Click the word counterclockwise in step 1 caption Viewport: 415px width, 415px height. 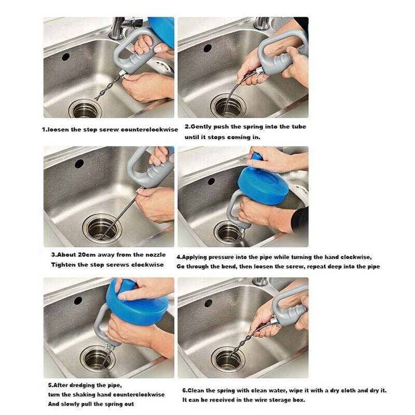tap(149, 130)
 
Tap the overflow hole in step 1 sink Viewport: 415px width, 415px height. tap(66, 57)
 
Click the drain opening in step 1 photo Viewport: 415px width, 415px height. tap(85, 109)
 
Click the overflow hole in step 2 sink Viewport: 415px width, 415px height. tap(208, 48)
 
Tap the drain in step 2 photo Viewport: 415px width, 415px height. tap(228, 106)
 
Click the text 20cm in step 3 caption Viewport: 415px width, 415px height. tap(87, 255)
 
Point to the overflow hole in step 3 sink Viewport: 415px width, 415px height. tap(79, 164)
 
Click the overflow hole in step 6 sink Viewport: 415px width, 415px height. tap(209, 303)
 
